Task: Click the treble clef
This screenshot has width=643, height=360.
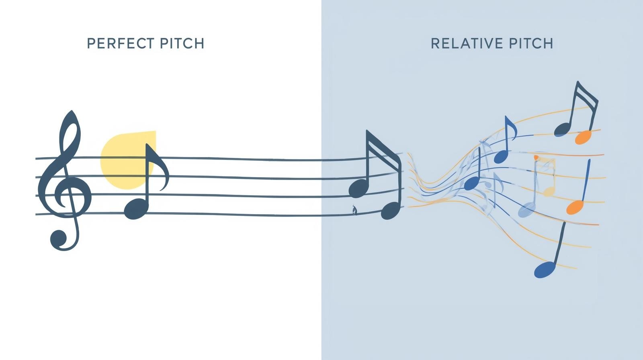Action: pos(64,181)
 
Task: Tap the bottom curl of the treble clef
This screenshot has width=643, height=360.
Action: pos(59,239)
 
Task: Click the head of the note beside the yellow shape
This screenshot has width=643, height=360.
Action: pos(136,209)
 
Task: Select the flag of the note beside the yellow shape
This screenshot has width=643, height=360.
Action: pos(161,167)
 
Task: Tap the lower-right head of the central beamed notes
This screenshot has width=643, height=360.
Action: pos(390,211)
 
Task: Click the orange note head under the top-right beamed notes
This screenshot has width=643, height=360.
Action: pos(583,137)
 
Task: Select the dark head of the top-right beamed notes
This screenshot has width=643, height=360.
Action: pos(562,129)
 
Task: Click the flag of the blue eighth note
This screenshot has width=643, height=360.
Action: pos(512,129)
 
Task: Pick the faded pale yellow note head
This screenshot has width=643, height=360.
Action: pos(549,190)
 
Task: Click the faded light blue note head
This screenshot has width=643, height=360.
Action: pos(526,210)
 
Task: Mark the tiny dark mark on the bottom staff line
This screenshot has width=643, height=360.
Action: pos(354,210)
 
